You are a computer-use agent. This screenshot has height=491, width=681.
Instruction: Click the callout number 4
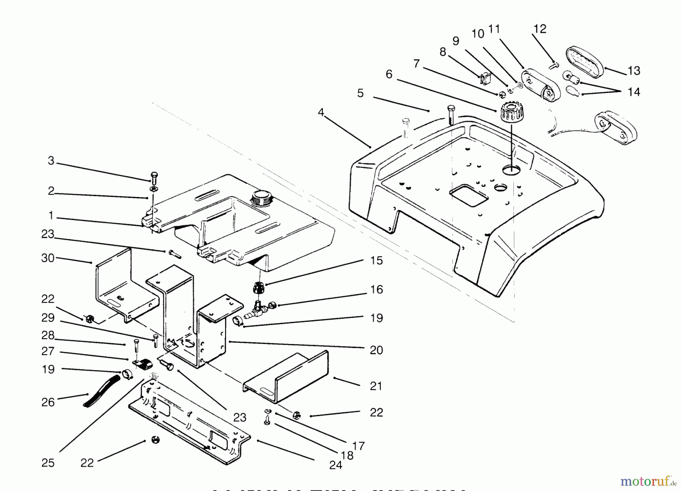pyautogui.click(x=321, y=113)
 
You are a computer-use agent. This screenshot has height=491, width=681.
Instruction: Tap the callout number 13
pyautogui.click(x=634, y=71)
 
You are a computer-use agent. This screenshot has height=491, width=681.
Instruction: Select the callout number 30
pyautogui.click(x=48, y=258)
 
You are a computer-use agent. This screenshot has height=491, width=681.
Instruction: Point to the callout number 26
pyautogui.click(x=48, y=402)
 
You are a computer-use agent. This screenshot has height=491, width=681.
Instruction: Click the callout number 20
pyautogui.click(x=376, y=350)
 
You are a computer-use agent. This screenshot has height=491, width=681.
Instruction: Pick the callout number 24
pyautogui.click(x=336, y=465)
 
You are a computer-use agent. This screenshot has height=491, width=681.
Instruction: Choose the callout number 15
pyautogui.click(x=376, y=261)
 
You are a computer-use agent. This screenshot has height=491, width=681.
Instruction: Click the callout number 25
pyautogui.click(x=48, y=463)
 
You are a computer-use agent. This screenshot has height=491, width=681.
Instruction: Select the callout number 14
pyautogui.click(x=634, y=92)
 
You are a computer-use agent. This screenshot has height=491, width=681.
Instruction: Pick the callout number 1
pyautogui.click(x=51, y=216)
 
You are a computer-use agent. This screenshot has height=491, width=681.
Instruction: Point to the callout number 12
pyautogui.click(x=540, y=29)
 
